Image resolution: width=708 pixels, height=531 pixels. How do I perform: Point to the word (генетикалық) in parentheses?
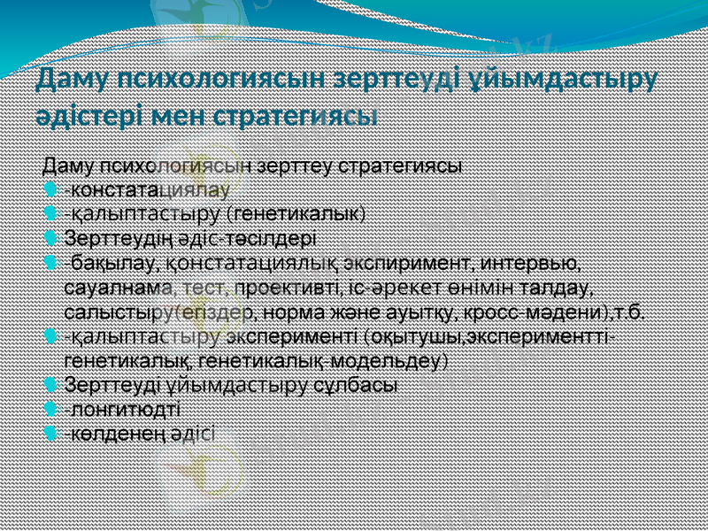coord(296,213)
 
